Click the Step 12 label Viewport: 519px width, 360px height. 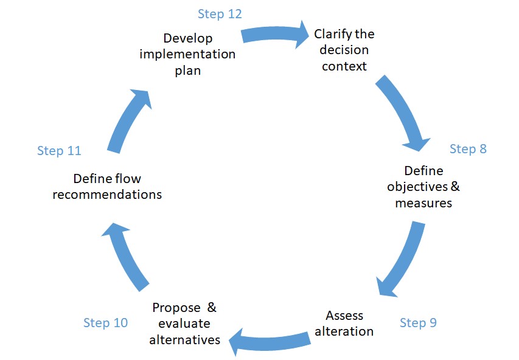220,14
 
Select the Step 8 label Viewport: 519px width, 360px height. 468,149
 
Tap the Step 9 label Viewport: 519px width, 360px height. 418,323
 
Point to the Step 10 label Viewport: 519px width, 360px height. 106,323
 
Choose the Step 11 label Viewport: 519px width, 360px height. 59,151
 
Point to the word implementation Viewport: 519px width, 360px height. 187,54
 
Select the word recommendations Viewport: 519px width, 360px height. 107,195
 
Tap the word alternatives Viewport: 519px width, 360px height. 185,340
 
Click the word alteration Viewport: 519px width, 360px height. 344,331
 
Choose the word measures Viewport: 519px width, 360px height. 423,203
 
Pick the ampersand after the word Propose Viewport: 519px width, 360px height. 212,308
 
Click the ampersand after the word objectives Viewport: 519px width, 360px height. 455,186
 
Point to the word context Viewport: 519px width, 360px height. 344,66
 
